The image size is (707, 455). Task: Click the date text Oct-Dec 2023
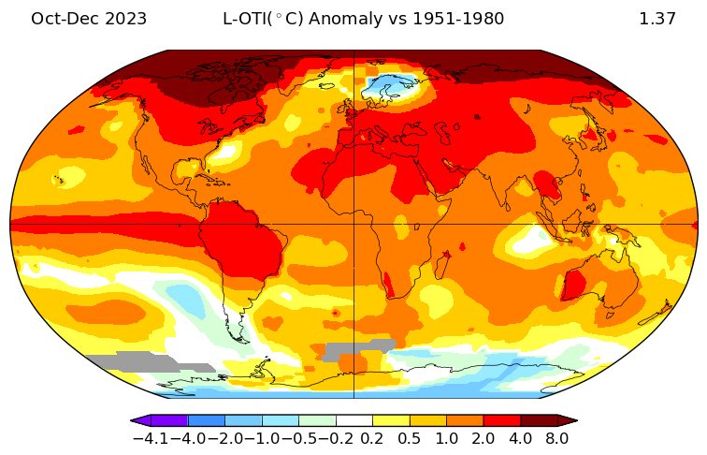tap(89, 19)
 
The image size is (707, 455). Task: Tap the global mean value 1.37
tap(657, 19)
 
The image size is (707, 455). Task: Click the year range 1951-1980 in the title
tap(458, 19)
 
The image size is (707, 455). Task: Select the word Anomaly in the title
tap(344, 20)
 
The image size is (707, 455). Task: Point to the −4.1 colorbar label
tap(151, 438)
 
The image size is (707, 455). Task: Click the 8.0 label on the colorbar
tap(556, 438)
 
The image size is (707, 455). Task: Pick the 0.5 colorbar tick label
tap(410, 438)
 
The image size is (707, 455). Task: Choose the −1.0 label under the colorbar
tap(262, 438)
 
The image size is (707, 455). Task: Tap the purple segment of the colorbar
tap(169, 420)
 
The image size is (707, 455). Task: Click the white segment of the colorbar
tap(354, 420)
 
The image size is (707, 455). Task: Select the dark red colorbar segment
tap(540, 420)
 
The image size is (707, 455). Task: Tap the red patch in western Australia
tap(574, 285)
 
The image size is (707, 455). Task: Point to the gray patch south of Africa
tap(358, 349)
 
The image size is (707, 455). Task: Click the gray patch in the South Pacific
tap(149, 361)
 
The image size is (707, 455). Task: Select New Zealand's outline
tap(658, 312)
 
